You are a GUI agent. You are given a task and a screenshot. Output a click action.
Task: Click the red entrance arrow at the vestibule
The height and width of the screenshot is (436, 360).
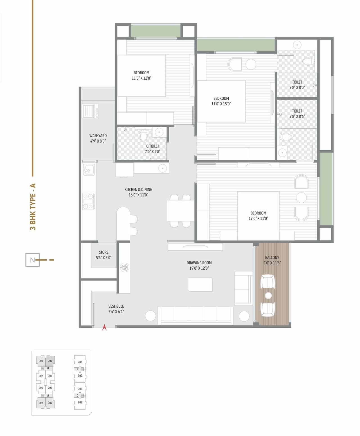[104, 327]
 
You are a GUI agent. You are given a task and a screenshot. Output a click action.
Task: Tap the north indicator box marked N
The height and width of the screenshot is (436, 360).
[32, 260]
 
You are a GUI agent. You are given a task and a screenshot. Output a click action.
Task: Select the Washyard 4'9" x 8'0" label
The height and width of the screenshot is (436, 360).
[98, 138]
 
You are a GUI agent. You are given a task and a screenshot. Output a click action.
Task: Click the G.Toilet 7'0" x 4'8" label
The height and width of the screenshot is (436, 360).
[152, 149]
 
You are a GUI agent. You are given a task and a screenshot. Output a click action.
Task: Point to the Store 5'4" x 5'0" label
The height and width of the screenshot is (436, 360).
[103, 255]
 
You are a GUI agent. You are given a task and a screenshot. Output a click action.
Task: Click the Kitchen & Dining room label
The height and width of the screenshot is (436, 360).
[138, 192]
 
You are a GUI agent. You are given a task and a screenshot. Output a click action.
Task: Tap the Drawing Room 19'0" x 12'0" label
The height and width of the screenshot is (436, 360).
[199, 265]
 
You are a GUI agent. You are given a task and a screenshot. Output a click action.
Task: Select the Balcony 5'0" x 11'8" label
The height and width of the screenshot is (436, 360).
[272, 260]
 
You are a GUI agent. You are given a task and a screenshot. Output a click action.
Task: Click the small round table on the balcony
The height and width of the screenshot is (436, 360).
[268, 295]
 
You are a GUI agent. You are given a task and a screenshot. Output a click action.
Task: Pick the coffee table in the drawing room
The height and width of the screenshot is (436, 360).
[200, 284]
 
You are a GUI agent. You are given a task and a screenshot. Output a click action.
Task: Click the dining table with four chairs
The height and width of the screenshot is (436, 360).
[180, 211]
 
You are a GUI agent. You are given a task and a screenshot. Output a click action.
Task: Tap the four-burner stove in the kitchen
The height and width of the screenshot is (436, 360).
[88, 202]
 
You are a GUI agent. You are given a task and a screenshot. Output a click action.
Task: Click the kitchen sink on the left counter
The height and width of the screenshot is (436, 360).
[89, 170]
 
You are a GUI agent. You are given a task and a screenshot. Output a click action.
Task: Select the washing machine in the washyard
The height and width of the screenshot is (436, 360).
[90, 111]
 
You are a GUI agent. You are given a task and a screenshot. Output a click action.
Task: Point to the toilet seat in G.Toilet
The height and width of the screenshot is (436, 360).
[144, 136]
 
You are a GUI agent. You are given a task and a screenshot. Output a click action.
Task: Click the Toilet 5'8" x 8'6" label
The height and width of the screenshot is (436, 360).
[297, 113]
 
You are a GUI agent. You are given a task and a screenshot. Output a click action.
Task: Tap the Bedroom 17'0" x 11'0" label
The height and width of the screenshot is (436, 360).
[258, 216]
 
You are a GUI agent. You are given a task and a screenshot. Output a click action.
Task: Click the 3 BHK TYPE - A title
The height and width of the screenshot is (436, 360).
[33, 207]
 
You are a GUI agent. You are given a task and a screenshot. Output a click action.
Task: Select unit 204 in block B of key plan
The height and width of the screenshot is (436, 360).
[50, 361]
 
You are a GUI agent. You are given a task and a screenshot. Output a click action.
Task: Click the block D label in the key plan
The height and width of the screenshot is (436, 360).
[78, 395]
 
